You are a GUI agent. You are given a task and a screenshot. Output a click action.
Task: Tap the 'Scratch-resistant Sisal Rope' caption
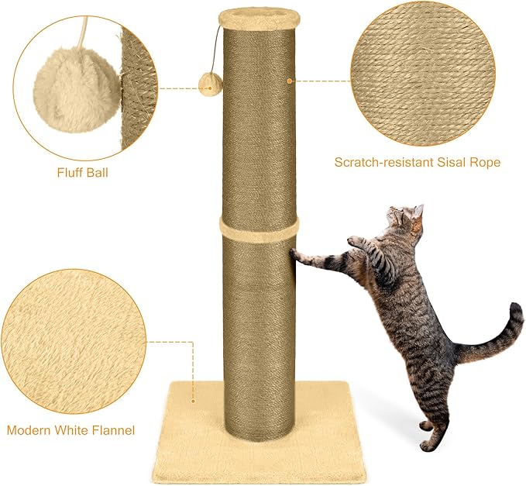417,162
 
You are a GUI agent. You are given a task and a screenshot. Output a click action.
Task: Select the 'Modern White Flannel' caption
70,429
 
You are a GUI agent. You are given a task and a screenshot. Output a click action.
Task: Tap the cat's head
405,222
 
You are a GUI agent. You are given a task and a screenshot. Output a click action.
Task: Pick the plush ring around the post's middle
259,226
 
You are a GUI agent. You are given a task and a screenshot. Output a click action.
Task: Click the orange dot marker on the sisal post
290,80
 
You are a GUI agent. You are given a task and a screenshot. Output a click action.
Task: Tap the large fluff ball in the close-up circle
76,90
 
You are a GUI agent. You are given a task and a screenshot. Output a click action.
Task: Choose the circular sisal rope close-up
421,74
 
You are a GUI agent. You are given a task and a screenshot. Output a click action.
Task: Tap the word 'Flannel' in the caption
112,429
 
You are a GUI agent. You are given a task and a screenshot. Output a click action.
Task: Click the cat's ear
418,211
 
